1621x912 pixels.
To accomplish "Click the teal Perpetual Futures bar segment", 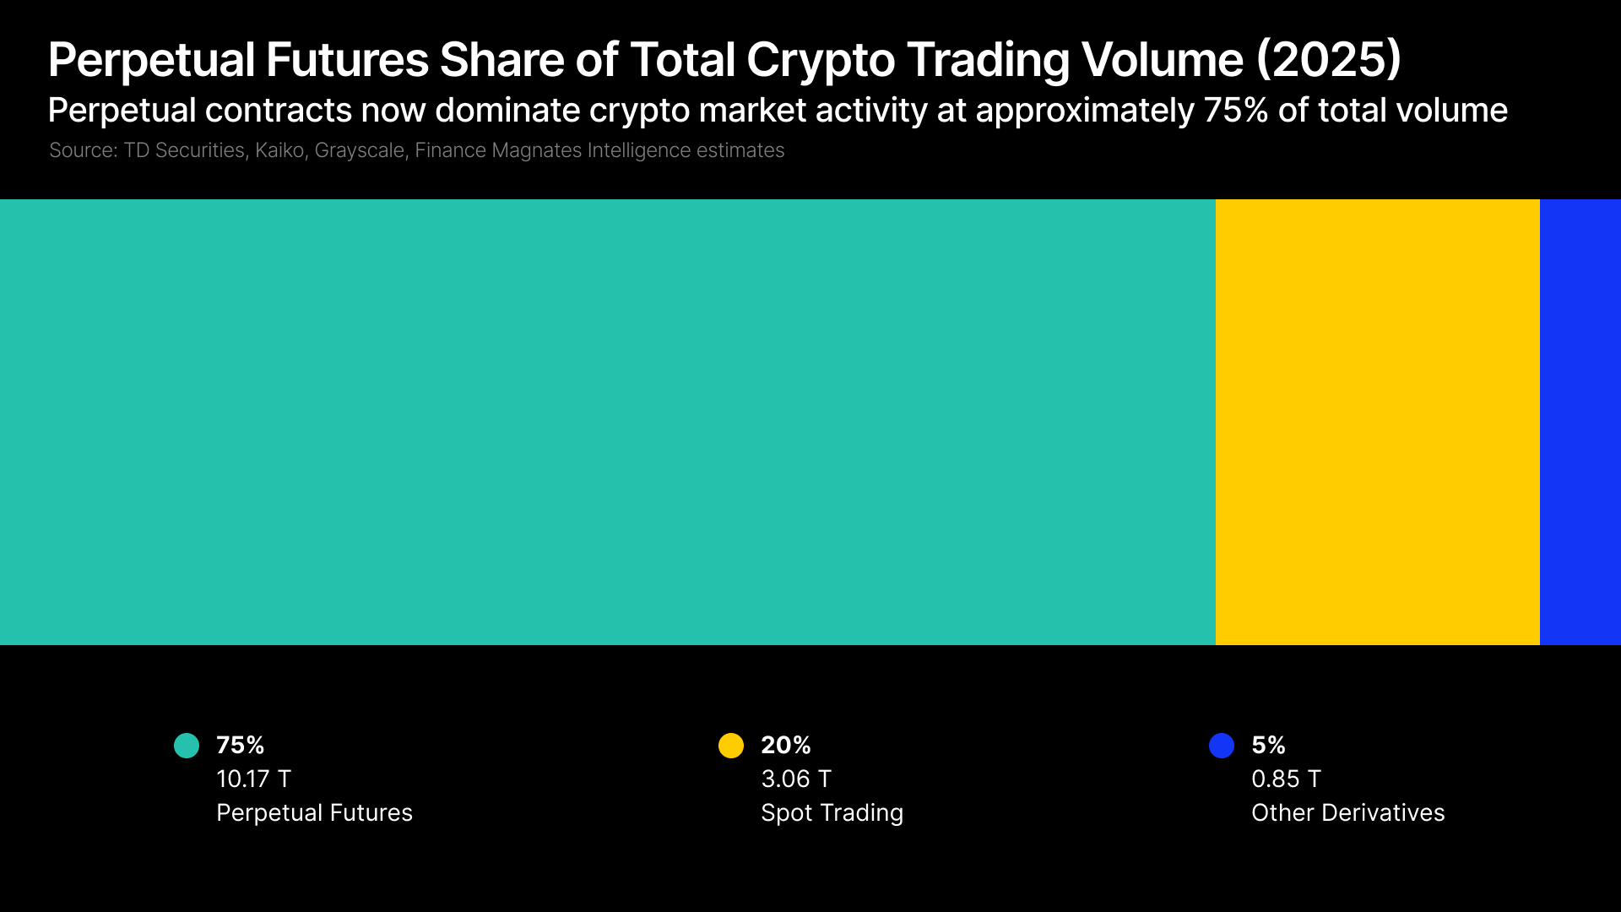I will (x=608, y=422).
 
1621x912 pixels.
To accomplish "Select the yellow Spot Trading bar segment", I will (x=1377, y=422).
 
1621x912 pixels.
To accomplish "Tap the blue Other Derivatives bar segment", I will (x=1580, y=422).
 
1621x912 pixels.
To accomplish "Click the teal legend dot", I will (x=187, y=746).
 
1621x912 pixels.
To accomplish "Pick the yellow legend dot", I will (x=731, y=746).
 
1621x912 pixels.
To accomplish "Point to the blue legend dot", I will (x=1222, y=746).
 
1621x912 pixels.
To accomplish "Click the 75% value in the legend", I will (x=241, y=745).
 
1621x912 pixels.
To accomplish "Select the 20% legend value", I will (x=786, y=745).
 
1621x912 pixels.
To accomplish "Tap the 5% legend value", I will (x=1268, y=745).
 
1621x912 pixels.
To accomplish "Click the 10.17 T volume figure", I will (x=253, y=779).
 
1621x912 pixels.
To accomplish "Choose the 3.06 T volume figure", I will (x=796, y=779).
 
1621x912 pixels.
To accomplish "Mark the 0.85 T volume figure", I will (x=1286, y=779).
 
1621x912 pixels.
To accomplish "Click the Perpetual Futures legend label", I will (x=314, y=812).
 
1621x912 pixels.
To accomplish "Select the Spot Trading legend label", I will (x=832, y=812).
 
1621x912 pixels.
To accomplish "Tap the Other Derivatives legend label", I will (x=1347, y=812).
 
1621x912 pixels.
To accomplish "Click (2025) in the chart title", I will (x=1329, y=60).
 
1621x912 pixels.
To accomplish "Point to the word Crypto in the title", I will (x=820, y=60).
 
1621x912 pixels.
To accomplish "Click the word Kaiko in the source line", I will (x=279, y=150).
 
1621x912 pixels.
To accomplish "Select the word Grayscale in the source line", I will (x=360, y=150).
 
